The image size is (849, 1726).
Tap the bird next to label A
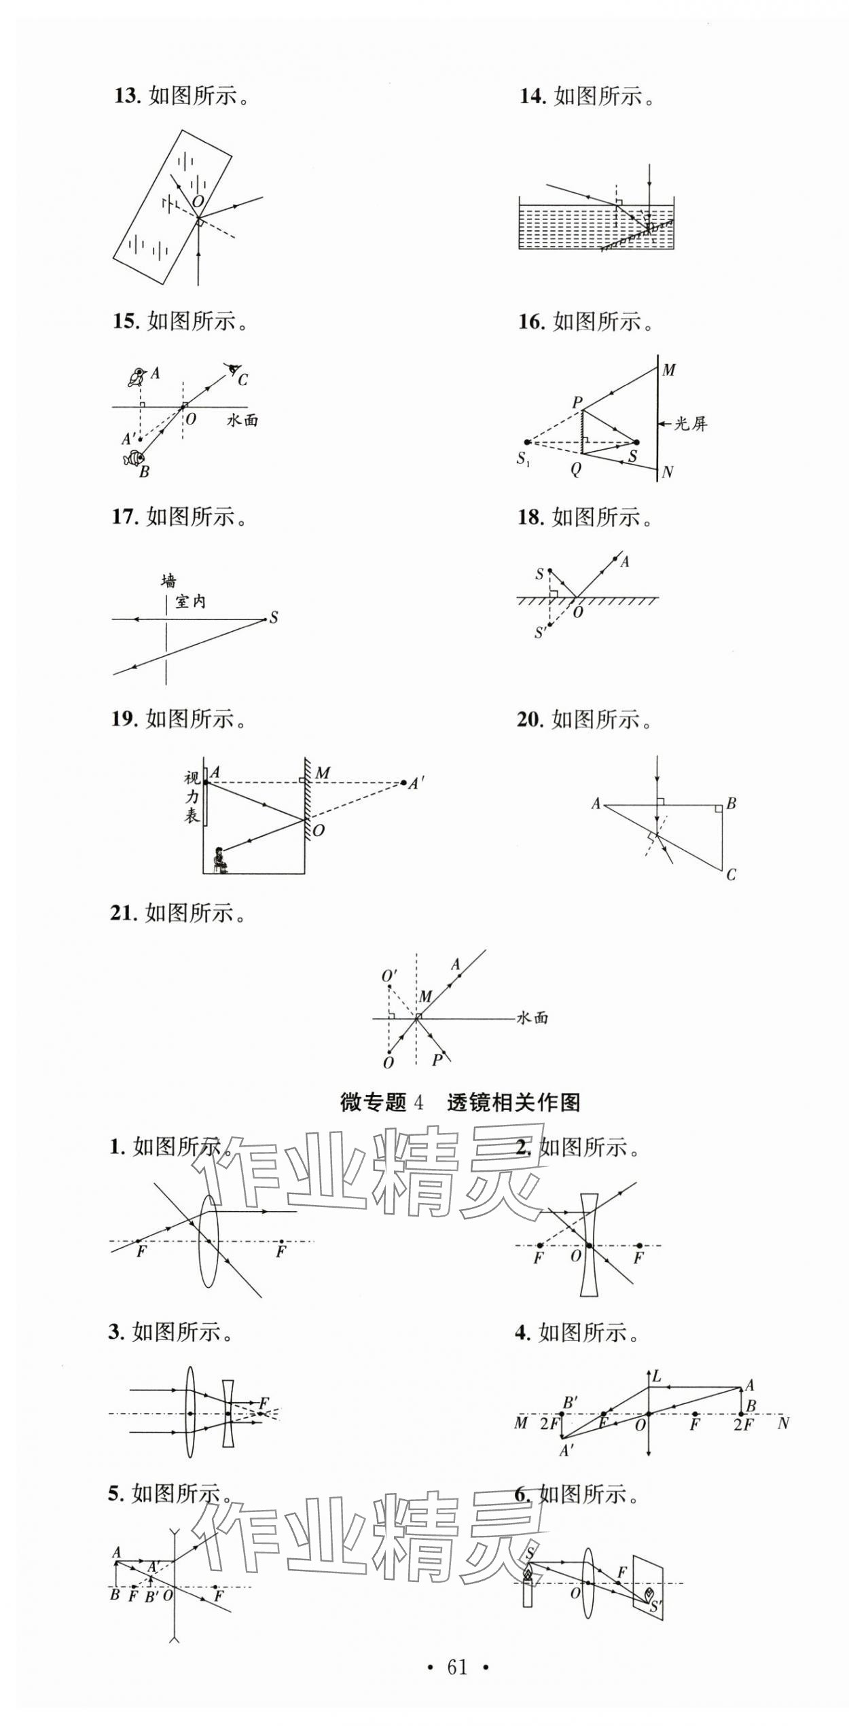pos(138,376)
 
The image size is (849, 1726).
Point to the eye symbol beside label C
pos(234,370)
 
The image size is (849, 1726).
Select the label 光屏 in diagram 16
pos(690,424)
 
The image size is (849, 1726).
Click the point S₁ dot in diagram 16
pos(526,442)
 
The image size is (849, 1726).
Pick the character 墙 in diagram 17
pos(168,581)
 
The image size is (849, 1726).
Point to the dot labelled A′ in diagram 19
pos(404,783)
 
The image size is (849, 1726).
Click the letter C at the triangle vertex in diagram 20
pos(731,875)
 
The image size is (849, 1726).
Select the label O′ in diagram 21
pos(389,976)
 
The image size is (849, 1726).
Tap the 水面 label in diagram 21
pos(532,1018)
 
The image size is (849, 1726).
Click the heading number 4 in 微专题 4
pos(418,1102)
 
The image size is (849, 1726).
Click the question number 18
pos(530,518)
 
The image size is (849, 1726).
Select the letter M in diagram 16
pos(669,370)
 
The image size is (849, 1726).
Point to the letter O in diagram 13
pos(198,201)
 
